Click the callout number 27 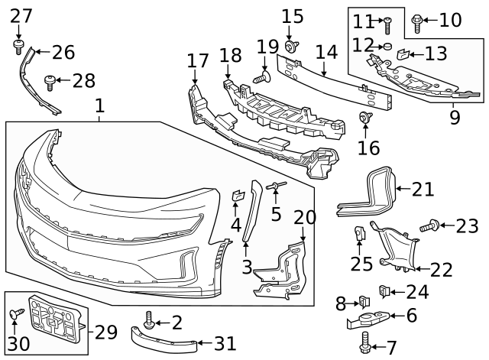(x=21, y=15)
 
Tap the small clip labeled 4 (x=237, y=196)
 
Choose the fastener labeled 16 (x=364, y=117)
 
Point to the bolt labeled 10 (x=417, y=23)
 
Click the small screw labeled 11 (x=387, y=26)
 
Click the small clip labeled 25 (x=358, y=232)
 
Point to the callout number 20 (x=305, y=217)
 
